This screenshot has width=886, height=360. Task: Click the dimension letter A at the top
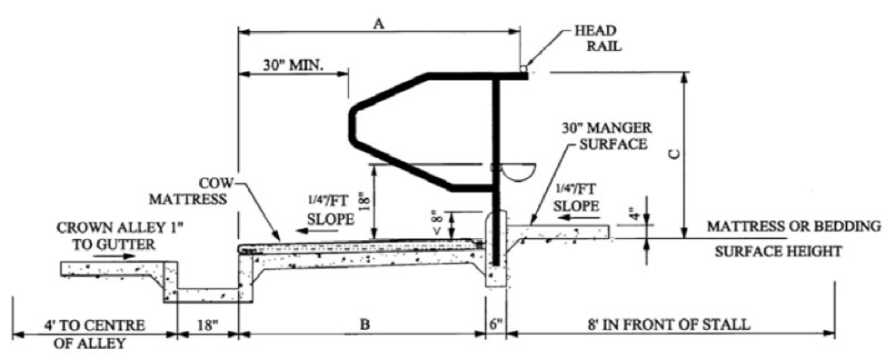(x=380, y=25)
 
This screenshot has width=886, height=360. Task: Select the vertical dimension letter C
(x=673, y=155)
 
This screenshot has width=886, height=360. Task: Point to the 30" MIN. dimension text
(x=293, y=65)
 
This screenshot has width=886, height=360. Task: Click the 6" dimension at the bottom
(x=495, y=324)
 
